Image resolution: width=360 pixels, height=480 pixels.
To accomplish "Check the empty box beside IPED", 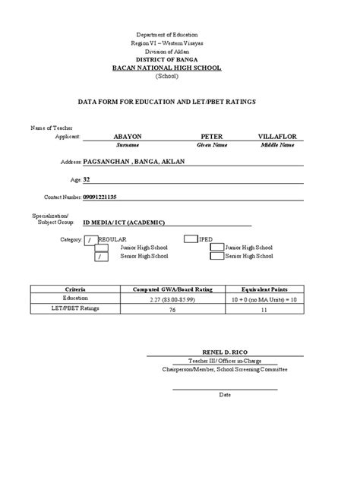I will [191, 238].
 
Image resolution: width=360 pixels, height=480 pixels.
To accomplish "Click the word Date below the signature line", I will [225, 395].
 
